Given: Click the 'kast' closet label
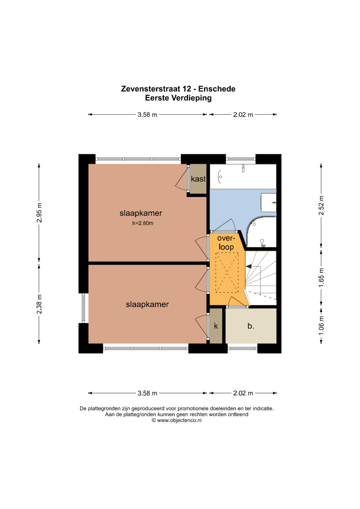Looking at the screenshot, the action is tap(198, 179).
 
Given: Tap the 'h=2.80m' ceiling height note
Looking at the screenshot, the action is tap(143, 223).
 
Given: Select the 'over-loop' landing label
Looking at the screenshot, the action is tap(226, 243).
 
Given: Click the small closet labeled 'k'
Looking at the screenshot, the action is tap(216, 326).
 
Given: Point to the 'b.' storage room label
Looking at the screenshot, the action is tap(251, 326).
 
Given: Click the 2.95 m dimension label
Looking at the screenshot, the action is tap(39, 212).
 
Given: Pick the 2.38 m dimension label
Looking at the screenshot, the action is tap(39, 304).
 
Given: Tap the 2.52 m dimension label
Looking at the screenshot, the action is tap(321, 205).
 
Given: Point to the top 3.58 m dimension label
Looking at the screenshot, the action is tap(147, 115).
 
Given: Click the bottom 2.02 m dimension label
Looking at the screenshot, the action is tap(243, 393).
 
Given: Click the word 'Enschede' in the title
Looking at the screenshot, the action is tap(217, 89).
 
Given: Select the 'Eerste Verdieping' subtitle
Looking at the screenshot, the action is tap(178, 98).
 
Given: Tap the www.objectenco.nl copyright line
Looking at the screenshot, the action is tap(177, 420).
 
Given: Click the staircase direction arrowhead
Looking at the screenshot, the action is tap(249, 266).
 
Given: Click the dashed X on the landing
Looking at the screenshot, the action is tap(227, 272).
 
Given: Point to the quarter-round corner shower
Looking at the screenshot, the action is tap(261, 232).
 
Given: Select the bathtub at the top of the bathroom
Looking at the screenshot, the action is tap(243, 176).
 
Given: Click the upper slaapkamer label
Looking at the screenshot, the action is tap(141, 213).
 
